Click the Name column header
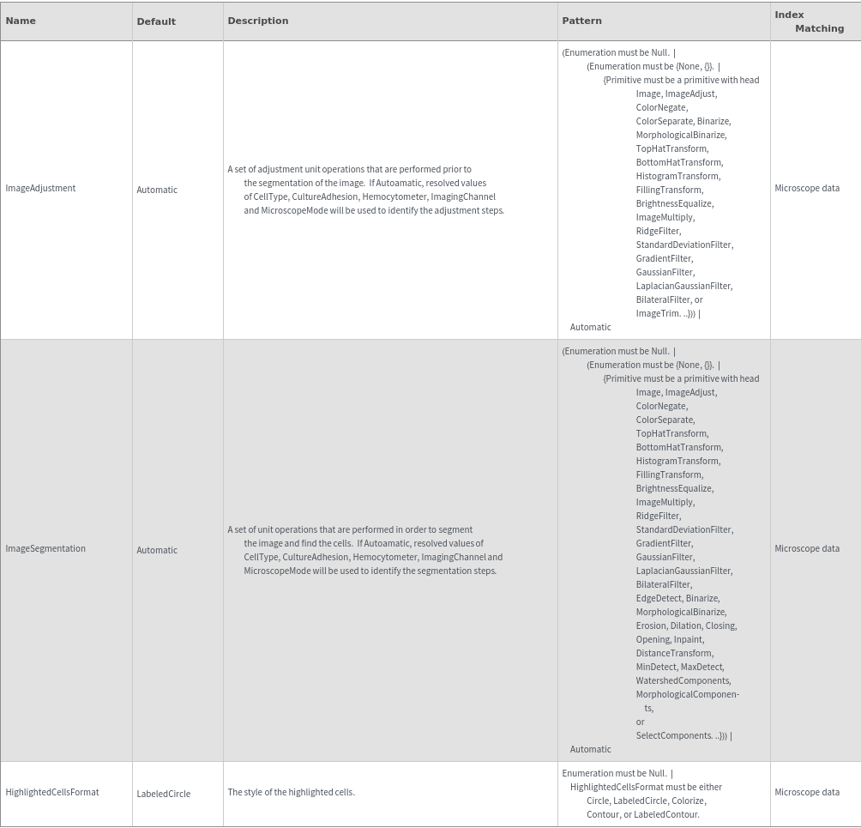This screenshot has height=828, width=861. [21, 21]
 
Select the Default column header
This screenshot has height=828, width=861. [156, 21]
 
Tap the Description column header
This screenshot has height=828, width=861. [258, 21]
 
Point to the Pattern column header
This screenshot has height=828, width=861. [581, 21]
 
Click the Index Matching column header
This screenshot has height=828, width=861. [809, 21]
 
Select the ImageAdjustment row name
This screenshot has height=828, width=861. [40, 189]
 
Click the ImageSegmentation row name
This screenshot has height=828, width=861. [45, 549]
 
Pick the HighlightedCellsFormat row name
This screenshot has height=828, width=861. [52, 793]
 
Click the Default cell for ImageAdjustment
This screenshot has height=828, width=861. [157, 190]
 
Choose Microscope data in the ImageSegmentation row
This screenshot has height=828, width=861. [807, 549]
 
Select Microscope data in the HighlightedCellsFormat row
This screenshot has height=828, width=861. [807, 793]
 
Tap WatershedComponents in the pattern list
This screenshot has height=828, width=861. [683, 681]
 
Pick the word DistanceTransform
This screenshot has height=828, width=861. [674, 654]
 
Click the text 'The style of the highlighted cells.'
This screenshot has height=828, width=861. [291, 793]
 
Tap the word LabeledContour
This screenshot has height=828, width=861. [666, 815]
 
